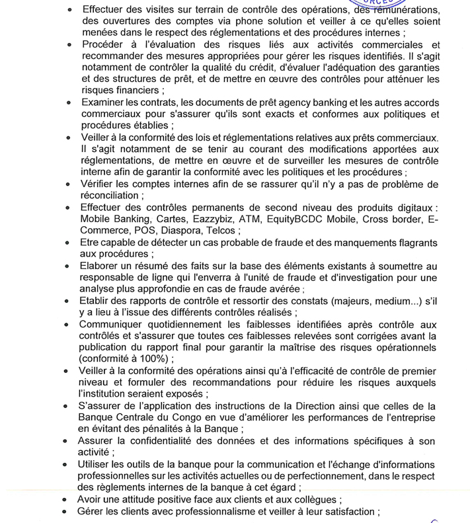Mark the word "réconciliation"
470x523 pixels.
tap(108, 196)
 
